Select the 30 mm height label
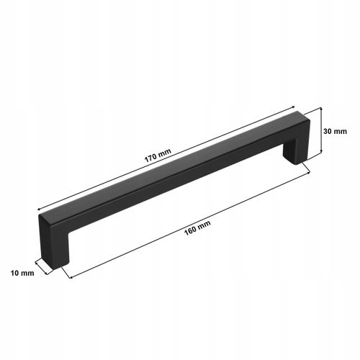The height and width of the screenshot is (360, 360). pos(336,131)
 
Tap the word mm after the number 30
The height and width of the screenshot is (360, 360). pos(341,131)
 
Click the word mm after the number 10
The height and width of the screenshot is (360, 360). pos(29,274)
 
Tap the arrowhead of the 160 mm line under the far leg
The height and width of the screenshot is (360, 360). pos(307,168)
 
